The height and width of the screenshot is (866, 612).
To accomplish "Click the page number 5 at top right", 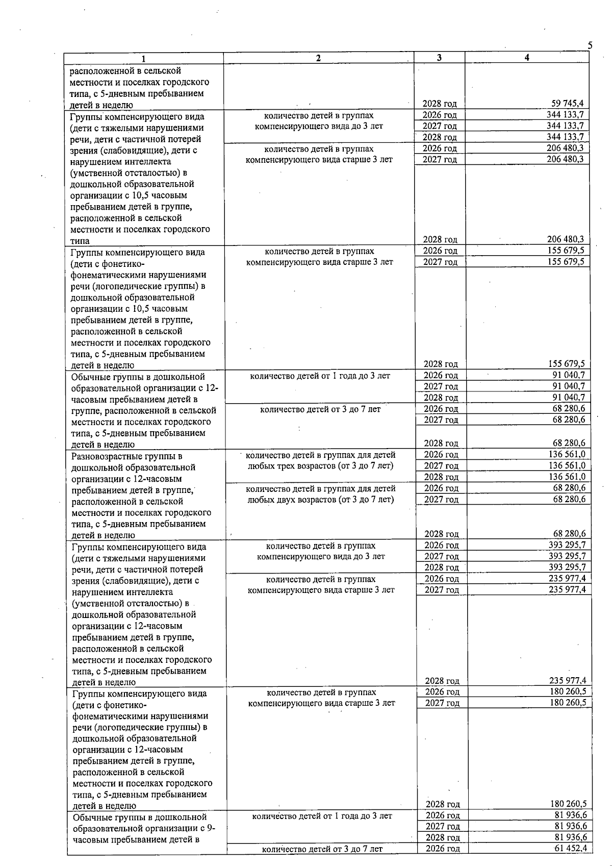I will tap(590, 45).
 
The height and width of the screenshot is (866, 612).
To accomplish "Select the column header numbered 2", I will tap(318, 58).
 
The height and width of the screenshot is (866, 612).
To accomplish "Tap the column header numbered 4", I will tap(527, 58).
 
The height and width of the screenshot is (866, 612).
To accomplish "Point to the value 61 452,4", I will tap(570, 848).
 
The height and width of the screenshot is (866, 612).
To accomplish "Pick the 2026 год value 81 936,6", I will tap(570, 815).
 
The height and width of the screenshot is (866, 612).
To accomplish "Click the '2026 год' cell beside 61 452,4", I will tap(443, 849).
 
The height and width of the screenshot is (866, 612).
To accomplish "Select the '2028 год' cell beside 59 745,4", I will tap(440, 104).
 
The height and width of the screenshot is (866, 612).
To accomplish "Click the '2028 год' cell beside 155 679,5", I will tap(441, 364).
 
